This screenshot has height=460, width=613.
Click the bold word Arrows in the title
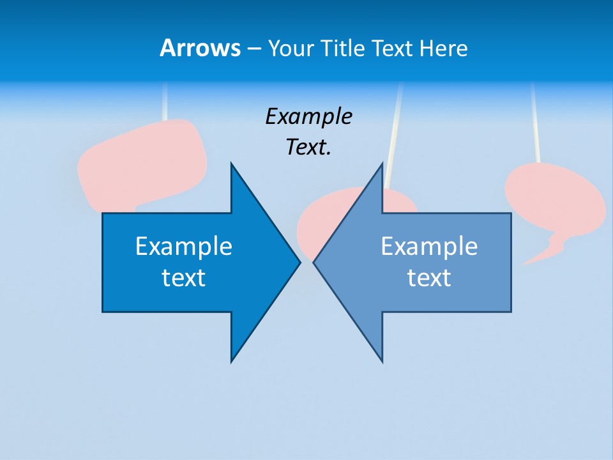tap(200, 48)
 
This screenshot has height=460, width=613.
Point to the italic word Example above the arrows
tap(308, 117)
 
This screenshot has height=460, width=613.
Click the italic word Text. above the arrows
tap(308, 148)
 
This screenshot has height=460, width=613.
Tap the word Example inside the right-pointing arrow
tap(183, 247)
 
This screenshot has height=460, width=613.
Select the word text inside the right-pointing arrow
tap(183, 278)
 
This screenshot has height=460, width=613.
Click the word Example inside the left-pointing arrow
tap(429, 247)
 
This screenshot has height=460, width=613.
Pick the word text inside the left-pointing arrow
tap(429, 278)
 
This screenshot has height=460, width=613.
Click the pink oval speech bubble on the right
tap(554, 198)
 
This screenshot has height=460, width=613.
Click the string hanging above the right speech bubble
tap(535, 121)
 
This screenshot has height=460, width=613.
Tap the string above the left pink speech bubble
tap(165, 102)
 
